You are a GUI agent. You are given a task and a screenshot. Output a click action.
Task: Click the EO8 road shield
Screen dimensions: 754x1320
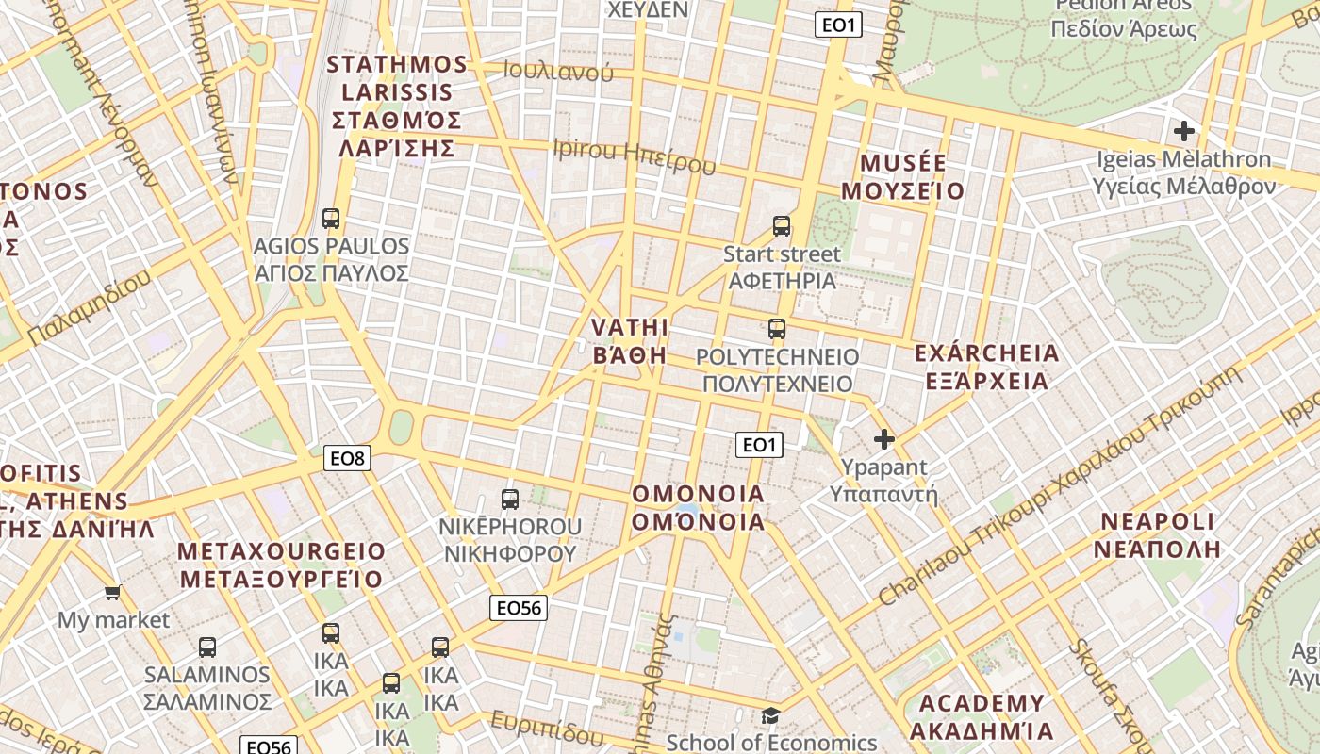(347, 459)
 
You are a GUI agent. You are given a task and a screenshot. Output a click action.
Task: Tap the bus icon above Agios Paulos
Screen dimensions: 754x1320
(331, 219)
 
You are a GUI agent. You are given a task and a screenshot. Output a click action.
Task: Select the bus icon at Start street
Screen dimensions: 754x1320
(782, 226)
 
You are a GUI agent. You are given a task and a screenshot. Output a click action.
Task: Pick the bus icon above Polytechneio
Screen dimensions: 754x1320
(777, 329)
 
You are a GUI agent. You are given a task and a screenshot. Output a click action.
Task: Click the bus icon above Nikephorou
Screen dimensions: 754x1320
(510, 499)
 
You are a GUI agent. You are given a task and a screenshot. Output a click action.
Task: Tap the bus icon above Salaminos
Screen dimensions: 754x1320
(207, 647)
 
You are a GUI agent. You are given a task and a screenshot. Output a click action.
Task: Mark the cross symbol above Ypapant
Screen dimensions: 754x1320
(884, 439)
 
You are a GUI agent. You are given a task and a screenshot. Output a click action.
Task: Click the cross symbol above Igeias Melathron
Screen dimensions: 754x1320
(1184, 131)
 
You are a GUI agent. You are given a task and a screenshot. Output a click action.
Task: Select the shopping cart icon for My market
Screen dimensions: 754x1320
(113, 593)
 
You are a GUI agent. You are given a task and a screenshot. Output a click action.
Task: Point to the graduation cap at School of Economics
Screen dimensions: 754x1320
(771, 716)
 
